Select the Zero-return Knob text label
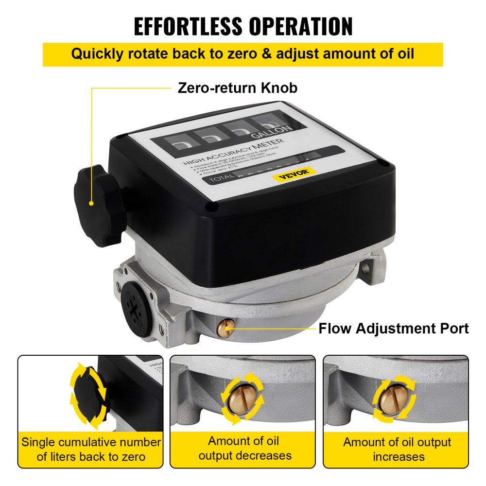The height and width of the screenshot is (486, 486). pos(238,88)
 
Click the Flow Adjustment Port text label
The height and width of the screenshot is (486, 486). pos(394,329)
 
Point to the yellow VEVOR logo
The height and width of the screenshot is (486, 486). pos(295,174)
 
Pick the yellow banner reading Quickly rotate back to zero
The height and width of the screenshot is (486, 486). pos(243,54)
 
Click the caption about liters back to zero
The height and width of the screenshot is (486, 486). pos(91,449)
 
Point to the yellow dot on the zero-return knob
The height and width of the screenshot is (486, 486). pos(91,203)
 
